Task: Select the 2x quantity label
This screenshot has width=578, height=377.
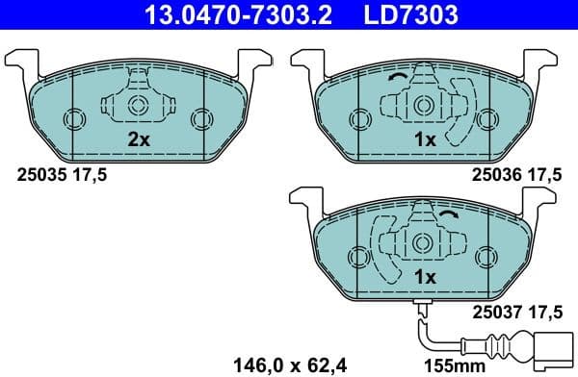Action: (139, 139)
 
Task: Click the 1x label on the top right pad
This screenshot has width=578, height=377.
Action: (424, 139)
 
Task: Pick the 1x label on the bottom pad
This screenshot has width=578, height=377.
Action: (424, 277)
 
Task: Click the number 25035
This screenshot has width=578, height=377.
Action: (39, 174)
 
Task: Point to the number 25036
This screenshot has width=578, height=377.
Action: (492, 174)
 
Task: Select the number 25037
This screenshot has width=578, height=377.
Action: (492, 311)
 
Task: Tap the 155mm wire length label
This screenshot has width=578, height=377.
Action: (455, 364)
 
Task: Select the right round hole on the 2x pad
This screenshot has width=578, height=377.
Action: (200, 118)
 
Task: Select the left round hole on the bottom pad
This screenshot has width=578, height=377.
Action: (360, 256)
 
